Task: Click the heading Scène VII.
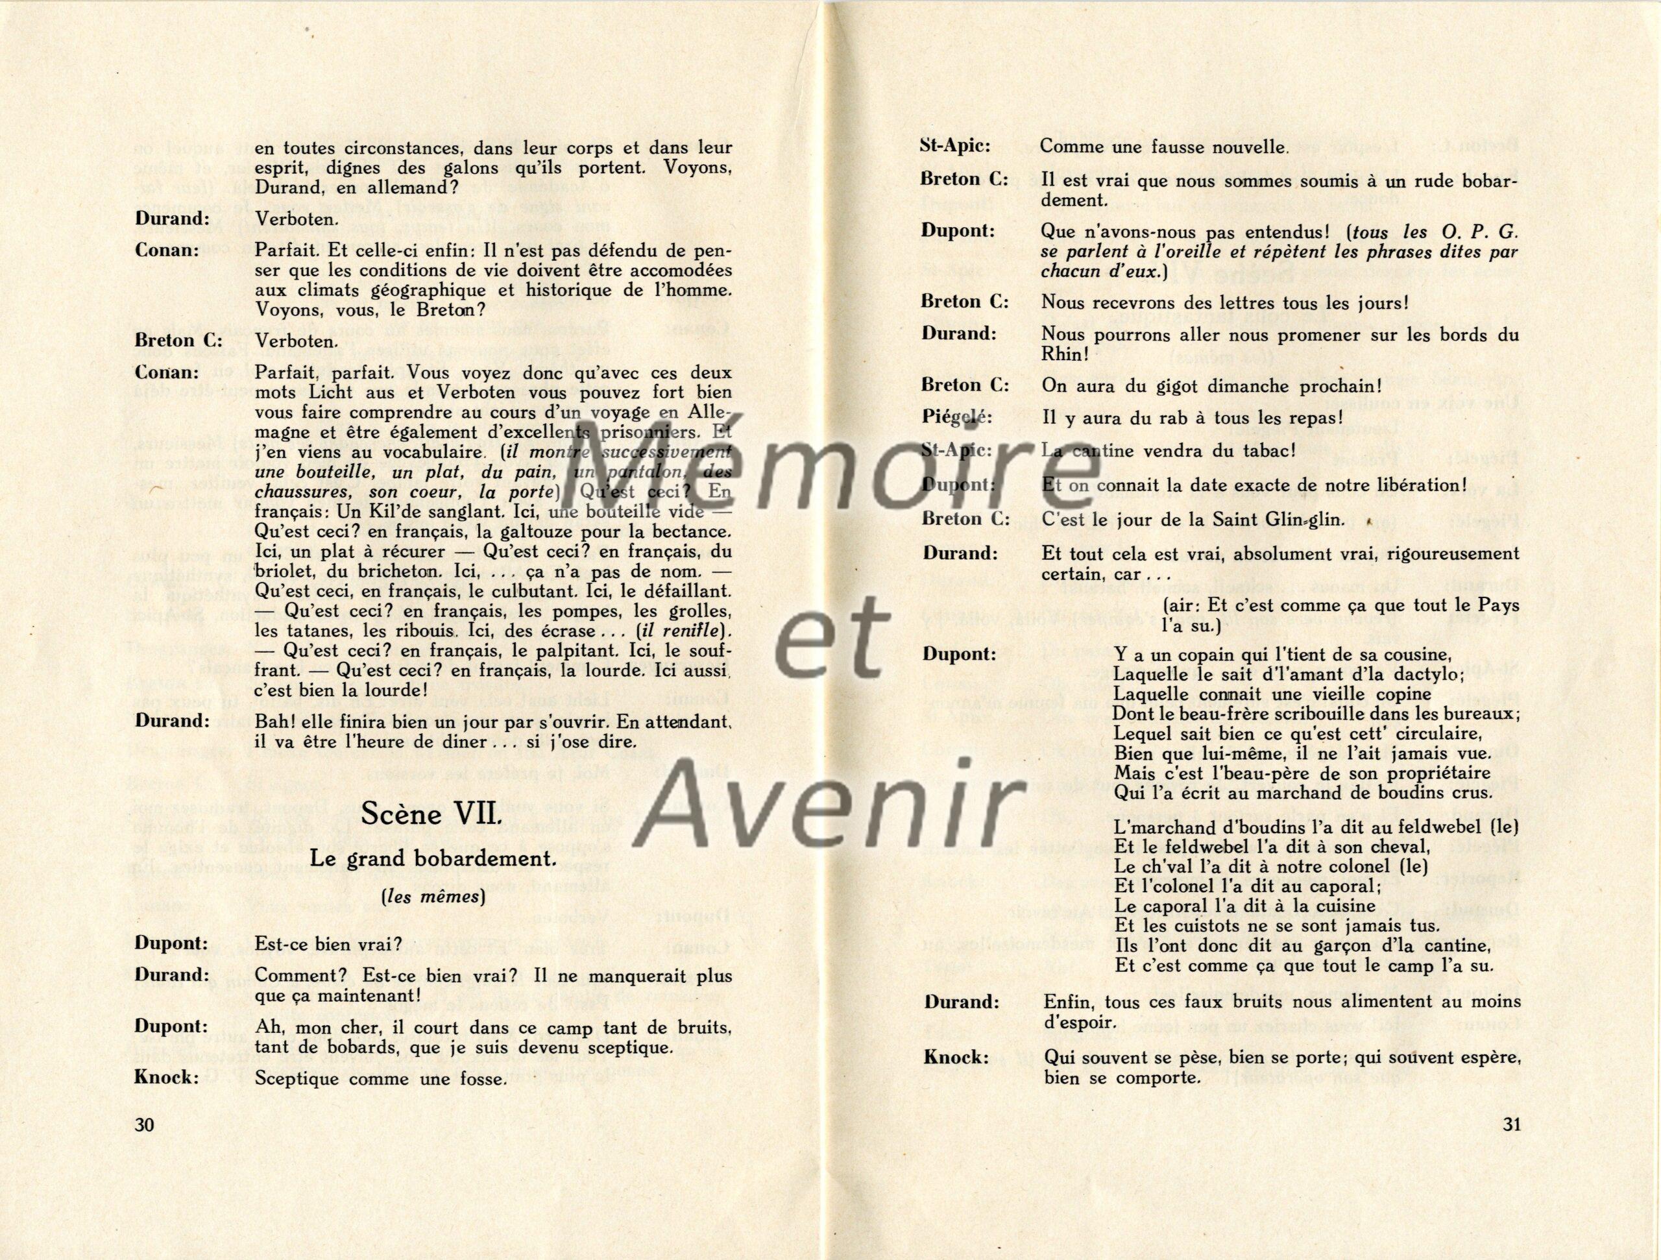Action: point(431,815)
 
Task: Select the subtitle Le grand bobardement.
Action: point(433,859)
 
